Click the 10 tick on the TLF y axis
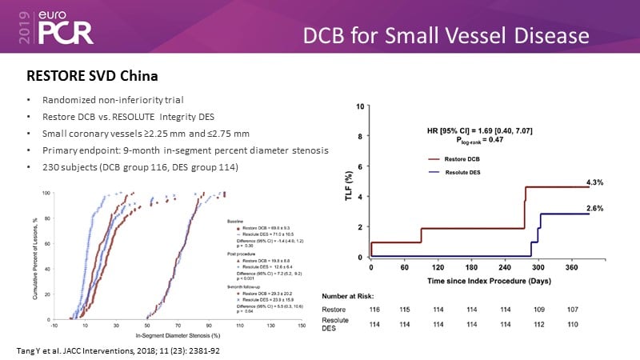pos(361,106)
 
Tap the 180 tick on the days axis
pos(471,266)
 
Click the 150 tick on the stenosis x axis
pos(302,326)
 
